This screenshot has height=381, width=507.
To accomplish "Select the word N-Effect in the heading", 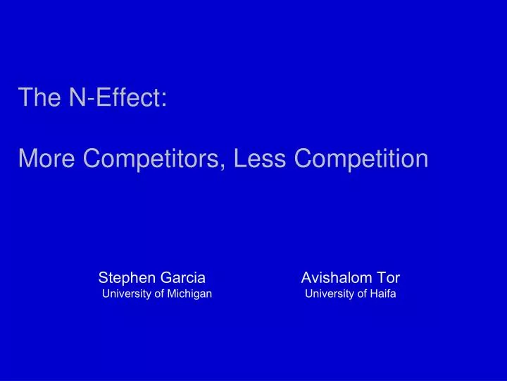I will click(x=114, y=97).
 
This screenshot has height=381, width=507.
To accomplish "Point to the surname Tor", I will click(x=388, y=277).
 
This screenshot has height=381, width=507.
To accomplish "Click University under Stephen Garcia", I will click(x=125, y=294).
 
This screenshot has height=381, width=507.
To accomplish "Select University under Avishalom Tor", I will click(x=328, y=294).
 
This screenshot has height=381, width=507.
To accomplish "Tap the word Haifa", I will click(x=383, y=294).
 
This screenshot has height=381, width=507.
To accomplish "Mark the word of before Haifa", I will click(x=359, y=294).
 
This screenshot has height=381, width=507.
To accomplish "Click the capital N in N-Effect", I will click(x=75, y=97).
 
